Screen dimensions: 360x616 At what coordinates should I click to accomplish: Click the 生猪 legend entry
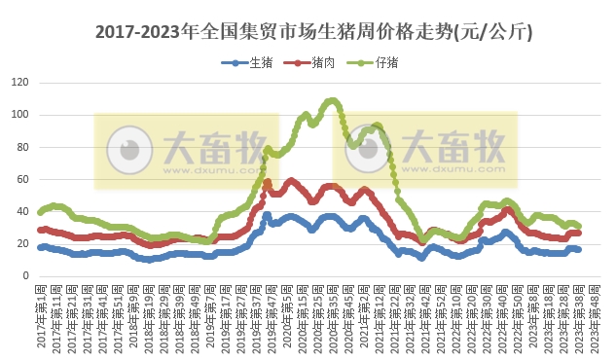[253, 63]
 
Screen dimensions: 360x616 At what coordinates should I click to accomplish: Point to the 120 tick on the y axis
[18, 83]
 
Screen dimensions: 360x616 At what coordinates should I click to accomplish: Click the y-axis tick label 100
[18, 115]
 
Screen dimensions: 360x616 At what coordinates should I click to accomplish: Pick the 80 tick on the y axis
[21, 147]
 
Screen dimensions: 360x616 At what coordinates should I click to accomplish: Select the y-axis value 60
[21, 179]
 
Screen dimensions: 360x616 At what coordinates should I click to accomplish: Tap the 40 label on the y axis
[21, 211]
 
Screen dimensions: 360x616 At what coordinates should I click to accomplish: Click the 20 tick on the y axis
[21, 243]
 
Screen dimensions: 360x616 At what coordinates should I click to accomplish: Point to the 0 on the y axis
[24, 275]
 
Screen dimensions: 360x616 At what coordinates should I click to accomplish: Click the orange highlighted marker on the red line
[268, 183]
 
